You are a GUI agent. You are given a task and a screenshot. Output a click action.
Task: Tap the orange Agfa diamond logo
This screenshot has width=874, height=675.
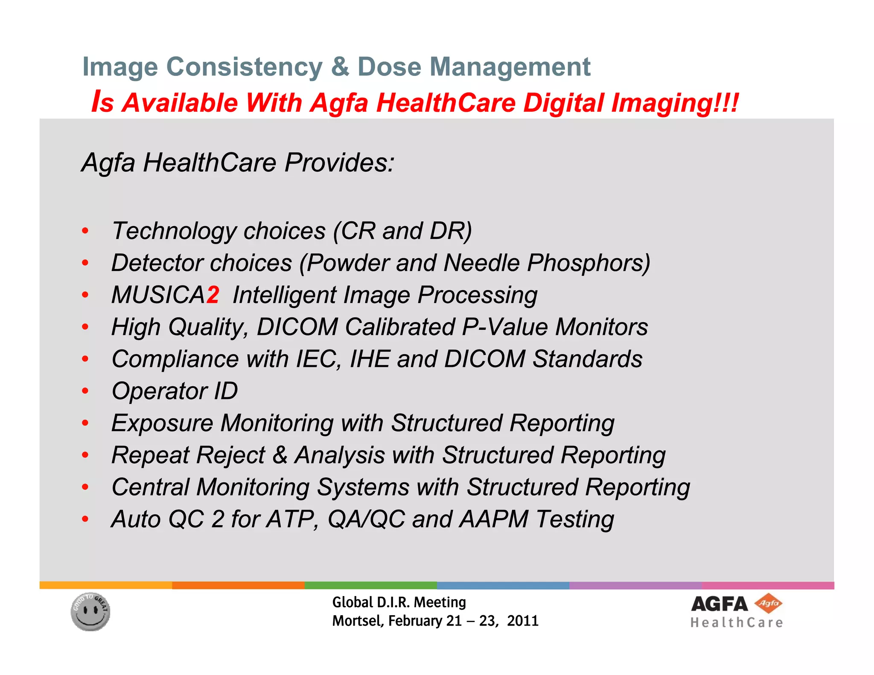(x=768, y=603)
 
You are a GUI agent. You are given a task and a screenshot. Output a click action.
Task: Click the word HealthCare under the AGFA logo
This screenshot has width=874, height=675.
(x=737, y=623)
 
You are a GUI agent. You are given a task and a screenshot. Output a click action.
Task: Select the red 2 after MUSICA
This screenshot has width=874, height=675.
(x=213, y=295)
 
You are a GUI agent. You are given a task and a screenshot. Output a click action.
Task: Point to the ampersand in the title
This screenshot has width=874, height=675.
(x=340, y=67)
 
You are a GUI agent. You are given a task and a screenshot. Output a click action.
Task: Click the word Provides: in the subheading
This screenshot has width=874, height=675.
(x=339, y=163)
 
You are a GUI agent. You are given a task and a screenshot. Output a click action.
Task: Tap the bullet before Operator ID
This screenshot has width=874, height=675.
(x=85, y=391)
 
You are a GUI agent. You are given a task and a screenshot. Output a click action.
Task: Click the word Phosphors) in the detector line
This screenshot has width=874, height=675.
(x=588, y=263)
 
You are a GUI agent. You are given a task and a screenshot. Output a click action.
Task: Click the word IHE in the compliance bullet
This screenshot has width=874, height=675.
(x=370, y=359)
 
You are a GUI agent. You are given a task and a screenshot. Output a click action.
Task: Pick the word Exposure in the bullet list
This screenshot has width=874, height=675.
(x=162, y=423)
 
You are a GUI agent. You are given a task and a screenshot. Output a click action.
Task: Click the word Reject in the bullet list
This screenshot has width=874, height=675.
(x=230, y=455)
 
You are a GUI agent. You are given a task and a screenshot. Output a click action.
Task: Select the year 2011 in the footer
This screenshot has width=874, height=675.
(x=523, y=620)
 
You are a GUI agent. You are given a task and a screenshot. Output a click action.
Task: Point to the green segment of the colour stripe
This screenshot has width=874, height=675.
(x=370, y=585)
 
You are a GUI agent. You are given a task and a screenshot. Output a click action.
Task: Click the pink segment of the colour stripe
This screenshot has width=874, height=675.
(x=767, y=585)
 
